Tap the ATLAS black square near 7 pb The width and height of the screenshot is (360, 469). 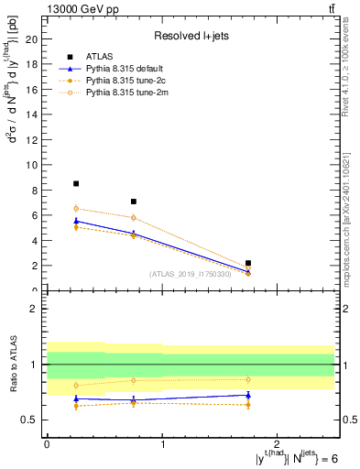[x=134, y=202]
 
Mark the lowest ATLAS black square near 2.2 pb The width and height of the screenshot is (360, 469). [x=248, y=263]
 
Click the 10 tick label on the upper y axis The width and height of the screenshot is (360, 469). [x=34, y=165]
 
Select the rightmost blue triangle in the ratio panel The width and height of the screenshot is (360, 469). [x=248, y=395]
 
